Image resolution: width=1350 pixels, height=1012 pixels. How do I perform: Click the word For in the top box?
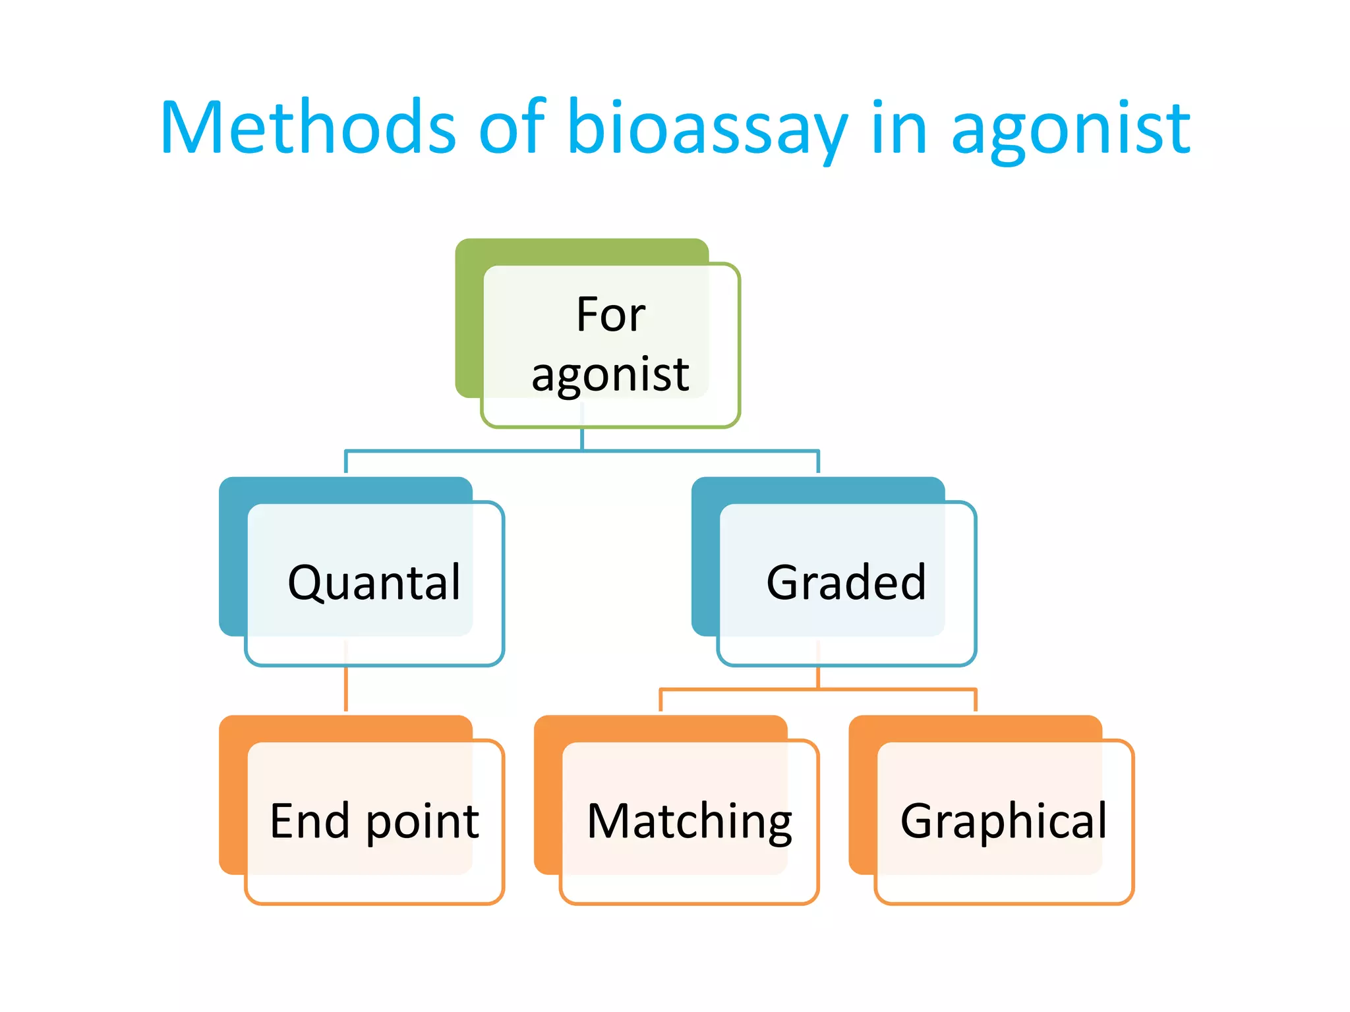pos(610,315)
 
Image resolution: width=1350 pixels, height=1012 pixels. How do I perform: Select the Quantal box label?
pos(374,583)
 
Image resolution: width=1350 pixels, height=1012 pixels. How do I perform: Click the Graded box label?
pos(846,583)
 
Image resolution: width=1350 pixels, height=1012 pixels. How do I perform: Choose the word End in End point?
pos(309,822)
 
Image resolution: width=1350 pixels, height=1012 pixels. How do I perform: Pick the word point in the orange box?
pos(423,824)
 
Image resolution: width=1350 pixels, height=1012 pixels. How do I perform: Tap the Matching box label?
pos(690,822)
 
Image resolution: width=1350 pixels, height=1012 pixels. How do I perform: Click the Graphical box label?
pos(1004,822)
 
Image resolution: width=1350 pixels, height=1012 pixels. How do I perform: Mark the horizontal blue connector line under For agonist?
pos(461,451)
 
